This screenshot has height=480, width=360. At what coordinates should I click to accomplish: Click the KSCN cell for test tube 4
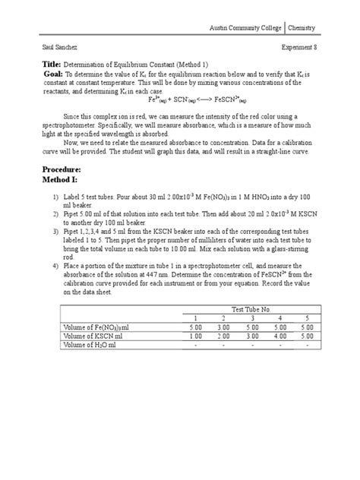(279, 336)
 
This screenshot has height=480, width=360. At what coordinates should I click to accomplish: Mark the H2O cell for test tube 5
(307, 345)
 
